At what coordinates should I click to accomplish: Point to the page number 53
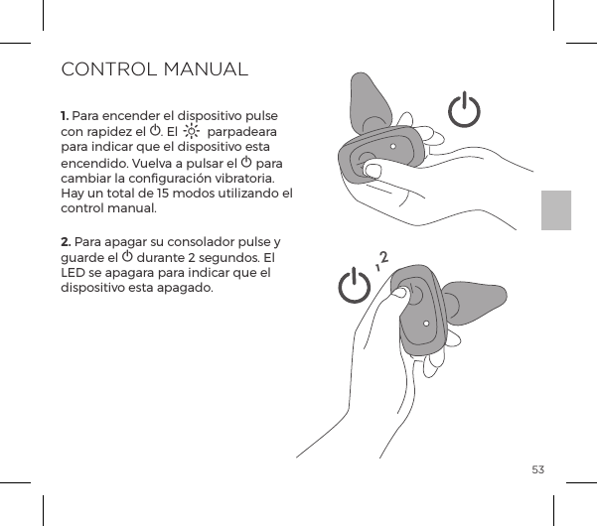(537, 468)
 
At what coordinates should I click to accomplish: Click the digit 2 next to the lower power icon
(382, 260)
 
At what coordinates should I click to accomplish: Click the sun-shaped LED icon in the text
(191, 132)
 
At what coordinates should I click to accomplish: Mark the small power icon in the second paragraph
(127, 257)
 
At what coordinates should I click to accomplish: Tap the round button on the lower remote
(411, 295)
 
